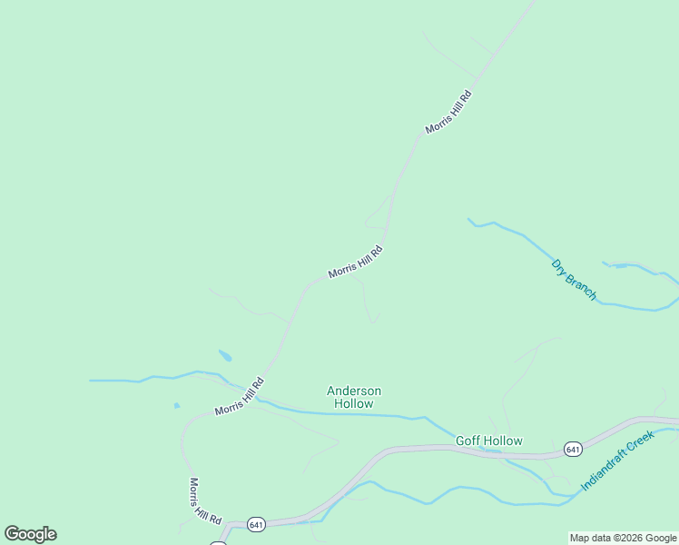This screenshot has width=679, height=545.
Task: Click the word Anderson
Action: point(354,391)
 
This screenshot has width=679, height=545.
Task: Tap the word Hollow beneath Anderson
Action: point(354,403)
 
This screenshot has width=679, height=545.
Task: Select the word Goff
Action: point(468,441)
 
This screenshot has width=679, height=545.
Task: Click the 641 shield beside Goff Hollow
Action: point(572,449)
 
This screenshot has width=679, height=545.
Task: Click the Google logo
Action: point(30,534)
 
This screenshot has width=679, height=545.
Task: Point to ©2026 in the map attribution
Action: point(626,539)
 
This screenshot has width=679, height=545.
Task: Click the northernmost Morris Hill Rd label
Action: point(448,112)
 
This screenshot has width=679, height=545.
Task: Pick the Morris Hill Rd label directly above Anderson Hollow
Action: point(356,261)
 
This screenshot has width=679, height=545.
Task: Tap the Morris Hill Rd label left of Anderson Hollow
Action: point(239,397)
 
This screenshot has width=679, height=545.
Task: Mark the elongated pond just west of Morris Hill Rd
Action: point(225,355)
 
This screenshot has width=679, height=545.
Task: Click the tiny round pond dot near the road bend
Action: point(176,405)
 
